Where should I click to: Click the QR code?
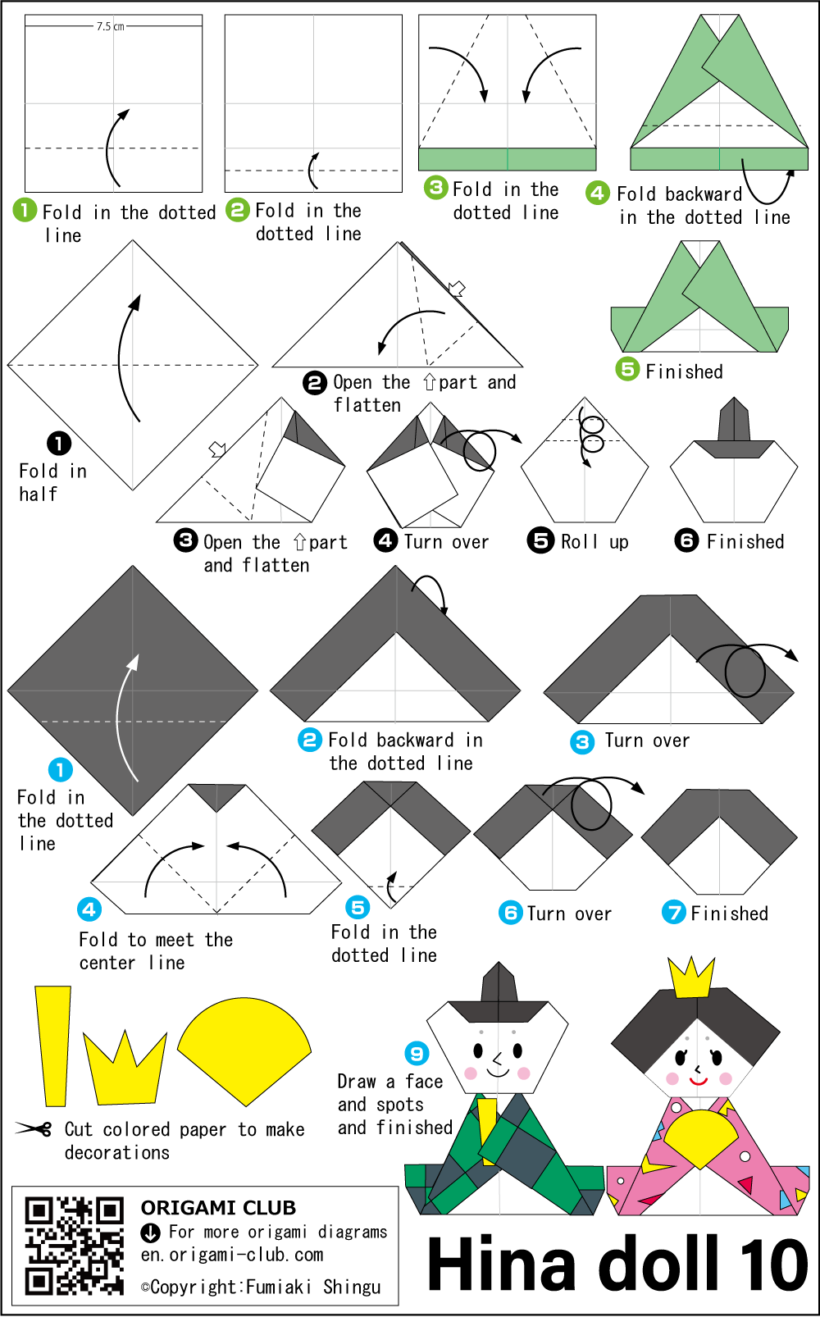pos(74,1246)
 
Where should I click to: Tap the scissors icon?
pos(33,1128)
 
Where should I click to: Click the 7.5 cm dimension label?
pos(111,26)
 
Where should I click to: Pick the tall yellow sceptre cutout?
pos(53,1046)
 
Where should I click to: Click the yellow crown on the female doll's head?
pos(692,978)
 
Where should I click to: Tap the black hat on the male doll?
pos(499,993)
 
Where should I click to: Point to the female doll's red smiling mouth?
pos(698,1080)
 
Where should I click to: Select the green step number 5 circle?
pos(628,369)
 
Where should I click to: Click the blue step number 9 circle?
pos(417,1053)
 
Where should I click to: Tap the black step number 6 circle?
pos(686,540)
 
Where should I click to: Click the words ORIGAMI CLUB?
pos(218,1208)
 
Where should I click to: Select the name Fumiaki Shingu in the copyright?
pos(313,1287)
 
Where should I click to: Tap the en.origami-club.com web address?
pos(231,1255)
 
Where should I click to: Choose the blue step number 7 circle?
pos(674,912)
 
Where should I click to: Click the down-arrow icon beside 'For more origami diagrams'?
pos(151,1233)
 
